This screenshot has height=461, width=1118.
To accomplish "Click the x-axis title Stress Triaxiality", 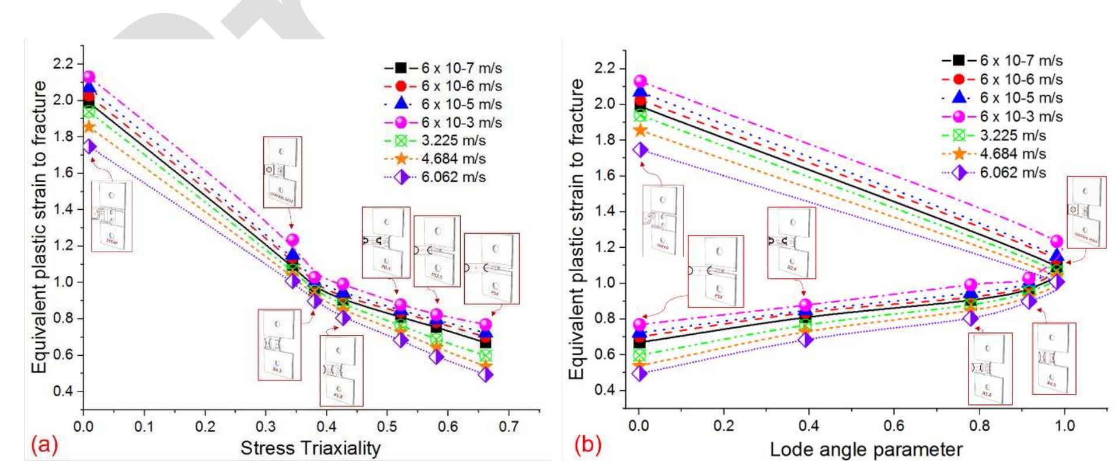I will (310, 448).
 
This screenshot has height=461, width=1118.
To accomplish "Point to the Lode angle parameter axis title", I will (866, 449).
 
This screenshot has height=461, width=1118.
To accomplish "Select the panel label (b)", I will (587, 445).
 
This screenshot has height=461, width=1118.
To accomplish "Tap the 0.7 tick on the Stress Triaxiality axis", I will (509, 427).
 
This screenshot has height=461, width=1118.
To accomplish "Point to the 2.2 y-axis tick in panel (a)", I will (64, 63).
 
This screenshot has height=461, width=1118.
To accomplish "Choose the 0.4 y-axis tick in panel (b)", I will (604, 390).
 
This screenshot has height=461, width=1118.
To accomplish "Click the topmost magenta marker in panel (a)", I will (89, 77).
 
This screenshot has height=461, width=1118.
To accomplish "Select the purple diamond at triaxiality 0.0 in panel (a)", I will (89, 146).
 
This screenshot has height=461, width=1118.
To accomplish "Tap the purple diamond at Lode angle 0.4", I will (806, 339).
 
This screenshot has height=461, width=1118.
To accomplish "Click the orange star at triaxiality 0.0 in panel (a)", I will (89, 127).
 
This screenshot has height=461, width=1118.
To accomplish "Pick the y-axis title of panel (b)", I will (576, 228).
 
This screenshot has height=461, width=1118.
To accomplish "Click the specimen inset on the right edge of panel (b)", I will (1086, 212).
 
